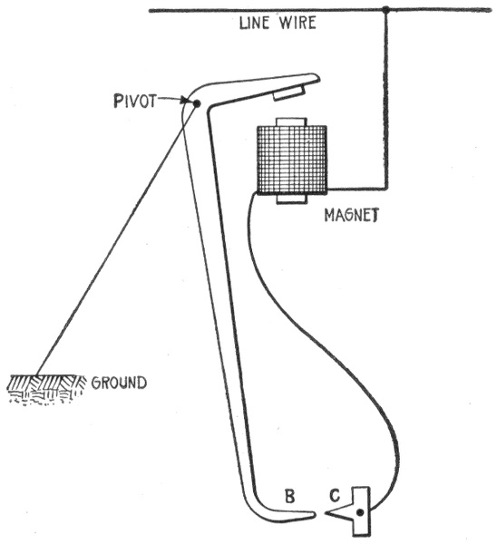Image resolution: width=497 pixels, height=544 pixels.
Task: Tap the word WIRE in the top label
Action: (297, 23)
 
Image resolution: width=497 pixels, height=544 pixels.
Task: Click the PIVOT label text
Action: (135, 101)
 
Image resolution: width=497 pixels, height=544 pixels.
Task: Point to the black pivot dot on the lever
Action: (197, 103)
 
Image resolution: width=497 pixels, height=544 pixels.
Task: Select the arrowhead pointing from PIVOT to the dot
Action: (187, 101)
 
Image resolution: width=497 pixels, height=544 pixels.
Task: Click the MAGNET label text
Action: (351, 215)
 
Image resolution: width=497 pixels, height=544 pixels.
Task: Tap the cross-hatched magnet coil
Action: (291, 159)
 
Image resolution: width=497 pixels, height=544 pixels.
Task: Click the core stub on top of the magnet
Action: (291, 121)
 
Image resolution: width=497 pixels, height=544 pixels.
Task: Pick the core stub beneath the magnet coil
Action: (291, 199)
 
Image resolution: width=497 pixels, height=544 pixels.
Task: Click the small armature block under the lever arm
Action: (289, 93)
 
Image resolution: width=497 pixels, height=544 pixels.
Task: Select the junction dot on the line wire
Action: (385, 10)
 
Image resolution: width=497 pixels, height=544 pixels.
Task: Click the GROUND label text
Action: (119, 383)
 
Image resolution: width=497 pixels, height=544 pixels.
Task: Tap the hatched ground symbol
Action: (46, 389)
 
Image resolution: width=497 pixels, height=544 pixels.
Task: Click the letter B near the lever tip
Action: (289, 496)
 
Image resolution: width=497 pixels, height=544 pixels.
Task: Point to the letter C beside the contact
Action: (335, 496)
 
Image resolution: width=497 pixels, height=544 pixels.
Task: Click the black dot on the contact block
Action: (360, 512)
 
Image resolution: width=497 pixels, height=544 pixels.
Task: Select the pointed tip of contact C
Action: (326, 513)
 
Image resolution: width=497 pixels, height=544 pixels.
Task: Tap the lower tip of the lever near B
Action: (314, 515)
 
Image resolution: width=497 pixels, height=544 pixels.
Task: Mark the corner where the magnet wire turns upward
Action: (386, 189)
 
